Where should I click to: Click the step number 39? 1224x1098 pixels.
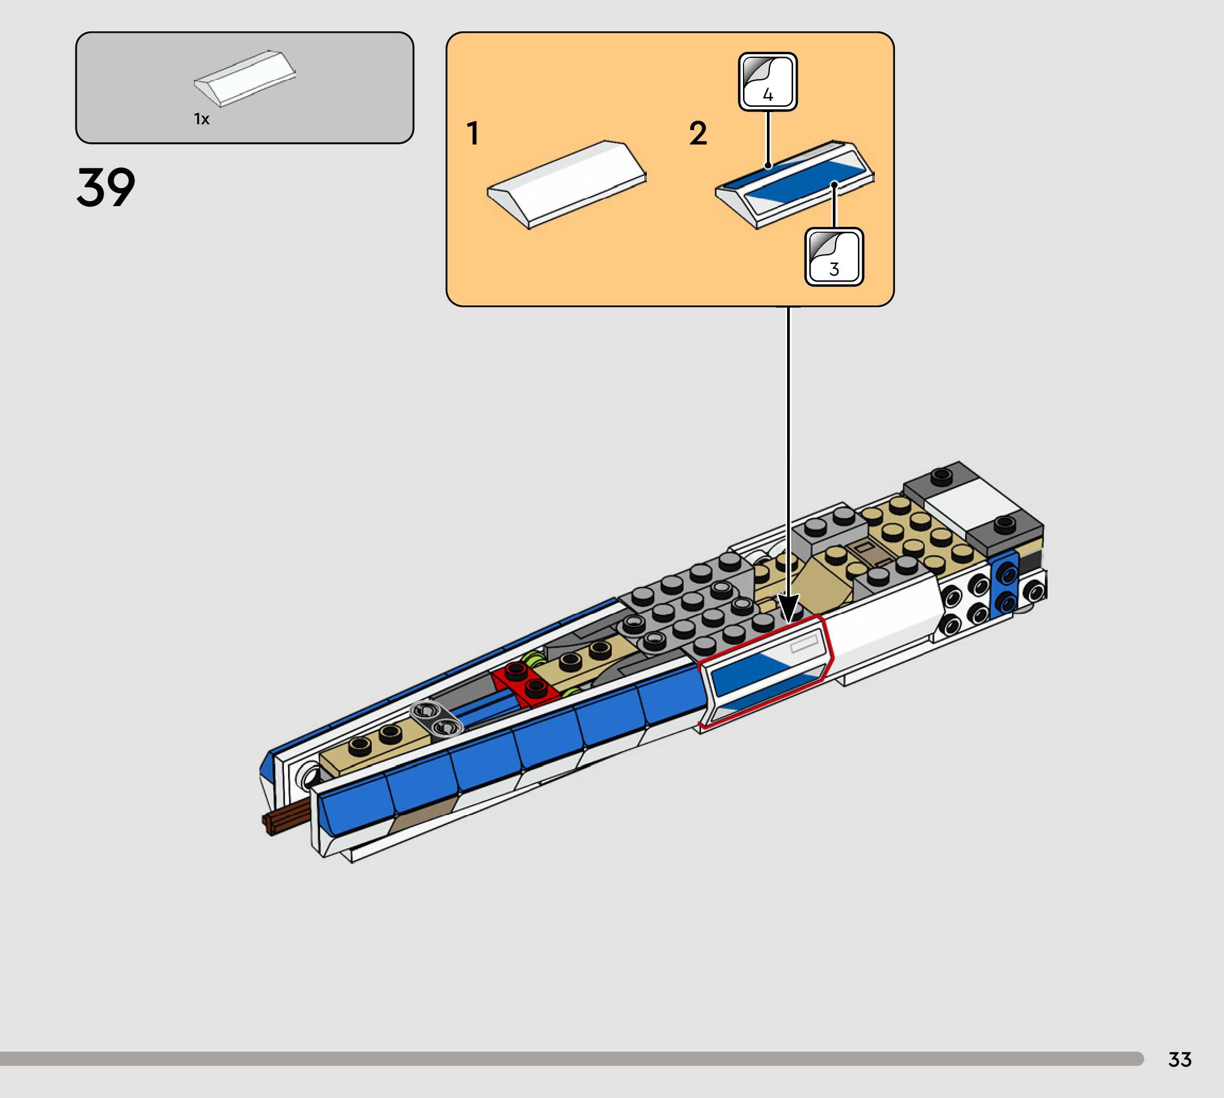click(106, 188)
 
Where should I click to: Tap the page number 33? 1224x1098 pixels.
click(1180, 1059)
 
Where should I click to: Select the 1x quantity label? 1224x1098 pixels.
click(201, 119)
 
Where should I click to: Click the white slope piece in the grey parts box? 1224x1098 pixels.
click(244, 79)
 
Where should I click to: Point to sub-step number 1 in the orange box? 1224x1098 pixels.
click(472, 133)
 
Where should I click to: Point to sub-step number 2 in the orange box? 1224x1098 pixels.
click(698, 133)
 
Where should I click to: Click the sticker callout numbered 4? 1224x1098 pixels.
click(767, 81)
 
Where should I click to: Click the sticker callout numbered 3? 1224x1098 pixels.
click(834, 257)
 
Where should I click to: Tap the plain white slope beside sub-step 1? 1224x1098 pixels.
click(567, 185)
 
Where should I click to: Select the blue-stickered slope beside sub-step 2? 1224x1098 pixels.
click(794, 185)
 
